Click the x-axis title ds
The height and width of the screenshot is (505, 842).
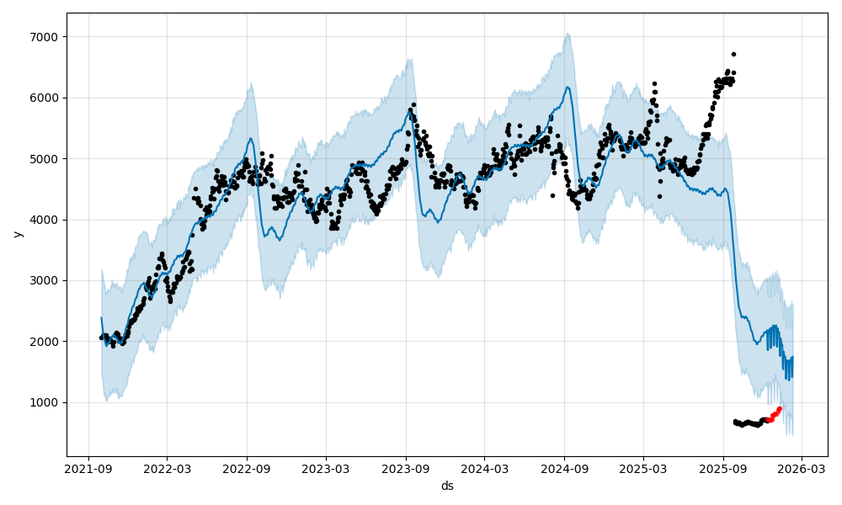(x=447, y=486)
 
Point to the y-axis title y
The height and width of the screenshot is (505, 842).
(x=18, y=233)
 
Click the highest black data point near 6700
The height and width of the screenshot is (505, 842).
(x=733, y=54)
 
